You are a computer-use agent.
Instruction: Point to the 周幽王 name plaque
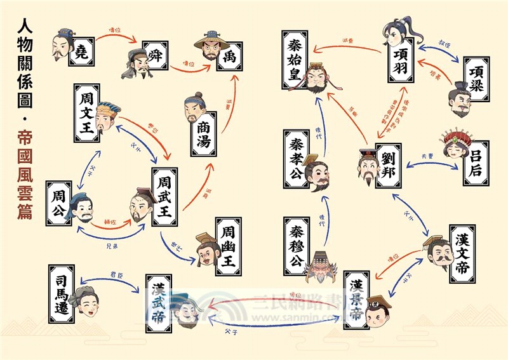(228, 246)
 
